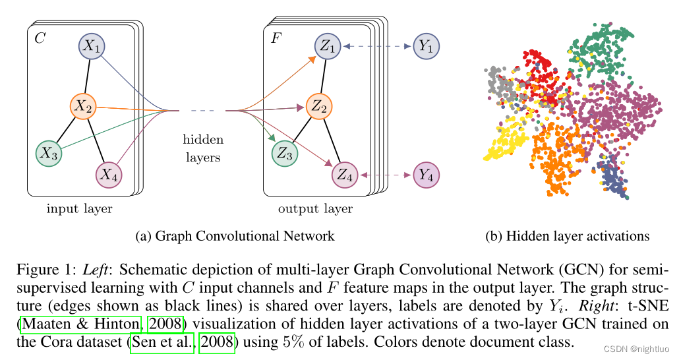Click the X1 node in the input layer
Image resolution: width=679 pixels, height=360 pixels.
click(92, 46)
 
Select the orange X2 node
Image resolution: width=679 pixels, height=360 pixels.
click(84, 104)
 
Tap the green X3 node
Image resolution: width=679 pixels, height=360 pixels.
click(48, 154)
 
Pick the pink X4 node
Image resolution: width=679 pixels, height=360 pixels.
click(109, 175)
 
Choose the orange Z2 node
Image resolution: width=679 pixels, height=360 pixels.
click(320, 104)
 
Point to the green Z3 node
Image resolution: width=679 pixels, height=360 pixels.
click(285, 154)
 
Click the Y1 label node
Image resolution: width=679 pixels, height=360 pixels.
click(427, 46)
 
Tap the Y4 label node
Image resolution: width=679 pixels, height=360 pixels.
click(427, 175)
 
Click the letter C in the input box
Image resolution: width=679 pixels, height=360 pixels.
click(40, 38)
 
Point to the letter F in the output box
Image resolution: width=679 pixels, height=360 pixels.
click(276, 38)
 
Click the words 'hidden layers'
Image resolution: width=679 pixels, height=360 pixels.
click(202, 148)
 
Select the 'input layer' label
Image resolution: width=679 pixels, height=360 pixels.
click(79, 210)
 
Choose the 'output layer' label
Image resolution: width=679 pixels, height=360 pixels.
click(315, 210)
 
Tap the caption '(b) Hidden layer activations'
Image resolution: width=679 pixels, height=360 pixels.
click(568, 236)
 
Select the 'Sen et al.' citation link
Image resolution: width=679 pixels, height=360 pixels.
click(163, 344)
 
